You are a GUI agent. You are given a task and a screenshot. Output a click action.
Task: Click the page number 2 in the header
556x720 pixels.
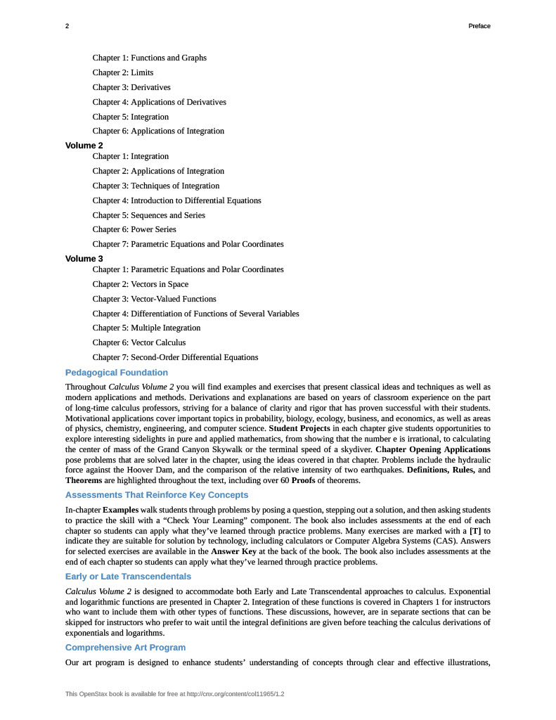click(67, 26)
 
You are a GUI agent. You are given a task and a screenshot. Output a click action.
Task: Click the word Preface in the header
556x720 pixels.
click(479, 26)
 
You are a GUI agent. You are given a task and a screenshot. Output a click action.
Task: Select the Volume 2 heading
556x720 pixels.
click(84, 146)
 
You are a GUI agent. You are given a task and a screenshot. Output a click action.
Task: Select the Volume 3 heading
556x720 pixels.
click(84, 259)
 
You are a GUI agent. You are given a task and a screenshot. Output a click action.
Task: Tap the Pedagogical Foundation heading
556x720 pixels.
click(117, 373)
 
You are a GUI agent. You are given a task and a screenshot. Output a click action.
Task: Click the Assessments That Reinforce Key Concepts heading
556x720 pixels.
click(157, 495)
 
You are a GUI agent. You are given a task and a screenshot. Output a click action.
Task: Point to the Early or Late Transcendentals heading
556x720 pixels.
click(128, 577)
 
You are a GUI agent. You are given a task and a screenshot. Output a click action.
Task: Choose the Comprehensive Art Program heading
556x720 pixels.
click(126, 647)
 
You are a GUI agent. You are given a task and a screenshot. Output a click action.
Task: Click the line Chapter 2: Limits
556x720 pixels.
click(123, 72)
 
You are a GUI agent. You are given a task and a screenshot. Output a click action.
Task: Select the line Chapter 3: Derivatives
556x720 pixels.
click(131, 87)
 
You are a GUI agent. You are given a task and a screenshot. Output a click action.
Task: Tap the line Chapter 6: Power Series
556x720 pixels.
click(134, 229)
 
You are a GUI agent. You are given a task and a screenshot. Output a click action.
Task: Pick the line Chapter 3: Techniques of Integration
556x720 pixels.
click(156, 186)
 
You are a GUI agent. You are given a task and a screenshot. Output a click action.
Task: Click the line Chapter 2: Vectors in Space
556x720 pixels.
click(141, 284)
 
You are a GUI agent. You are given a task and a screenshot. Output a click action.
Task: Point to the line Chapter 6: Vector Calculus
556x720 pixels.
click(139, 342)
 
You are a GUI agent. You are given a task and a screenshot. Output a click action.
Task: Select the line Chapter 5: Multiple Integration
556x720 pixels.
click(146, 328)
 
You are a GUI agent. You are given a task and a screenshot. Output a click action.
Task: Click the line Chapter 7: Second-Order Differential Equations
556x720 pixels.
click(175, 357)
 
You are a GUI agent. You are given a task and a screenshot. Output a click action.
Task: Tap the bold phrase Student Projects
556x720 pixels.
click(299, 428)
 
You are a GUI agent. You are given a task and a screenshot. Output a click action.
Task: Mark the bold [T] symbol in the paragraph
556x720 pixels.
click(475, 521)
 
